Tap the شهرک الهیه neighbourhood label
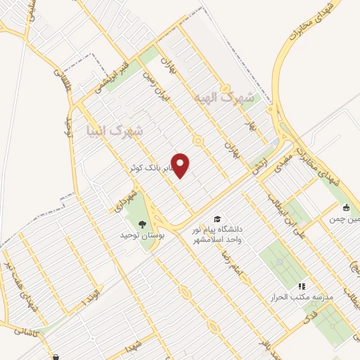pos(227,97)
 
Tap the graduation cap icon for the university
pos(217,219)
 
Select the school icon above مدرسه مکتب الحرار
pos(302,286)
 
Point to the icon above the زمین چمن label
pos(347,207)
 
